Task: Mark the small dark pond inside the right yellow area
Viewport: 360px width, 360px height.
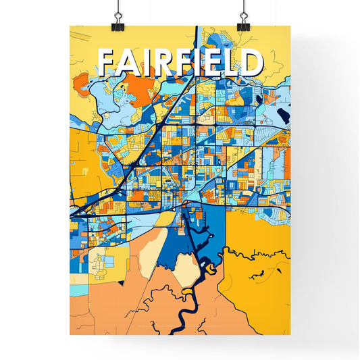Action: (x=257, y=275)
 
